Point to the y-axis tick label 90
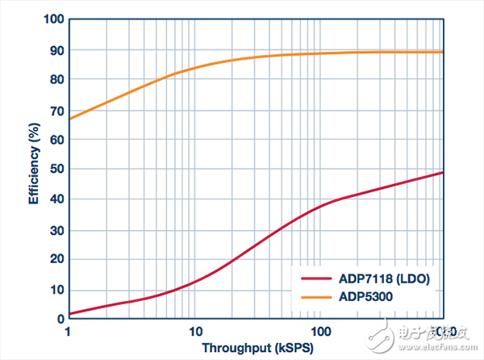click(56, 49)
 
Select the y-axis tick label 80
click(56, 79)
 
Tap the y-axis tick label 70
click(56, 109)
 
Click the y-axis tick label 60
click(56, 139)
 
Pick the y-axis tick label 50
click(56, 169)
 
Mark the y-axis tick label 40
click(56, 199)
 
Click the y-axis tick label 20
click(56, 259)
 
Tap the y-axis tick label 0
click(59, 319)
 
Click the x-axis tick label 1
click(69, 332)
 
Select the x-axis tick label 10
click(194, 332)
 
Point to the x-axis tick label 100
click(321, 332)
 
